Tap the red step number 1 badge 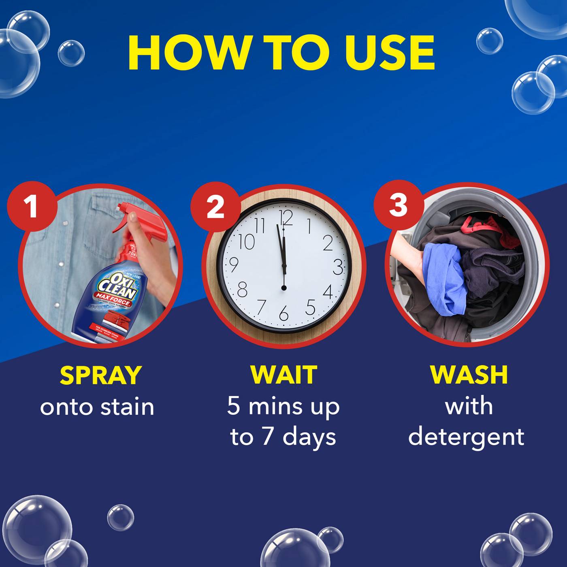click(x=31, y=206)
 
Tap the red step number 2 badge click(x=215, y=206)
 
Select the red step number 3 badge click(x=398, y=205)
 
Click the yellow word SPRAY click(x=100, y=375)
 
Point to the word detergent click(x=466, y=437)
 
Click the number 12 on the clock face click(x=286, y=217)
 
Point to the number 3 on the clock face click(x=338, y=267)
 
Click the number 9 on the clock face click(x=234, y=264)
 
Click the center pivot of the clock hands click(x=283, y=288)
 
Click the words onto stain click(x=97, y=407)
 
